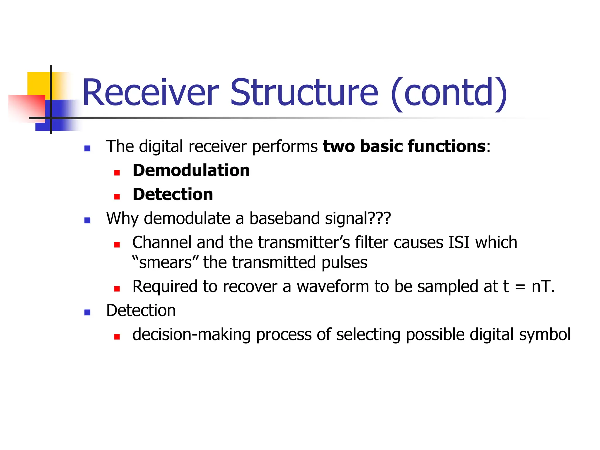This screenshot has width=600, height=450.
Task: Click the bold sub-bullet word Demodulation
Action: [191, 171]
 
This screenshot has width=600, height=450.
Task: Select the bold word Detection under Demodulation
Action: [173, 195]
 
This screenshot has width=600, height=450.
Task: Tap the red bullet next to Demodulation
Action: [117, 173]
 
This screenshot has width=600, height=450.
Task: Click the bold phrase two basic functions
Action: [404, 146]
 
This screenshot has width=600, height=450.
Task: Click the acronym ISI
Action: [459, 243]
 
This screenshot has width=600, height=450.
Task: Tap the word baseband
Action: [284, 218]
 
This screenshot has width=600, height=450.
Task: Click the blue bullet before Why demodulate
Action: [87, 220]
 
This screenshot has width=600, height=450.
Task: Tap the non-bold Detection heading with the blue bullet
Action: [141, 311]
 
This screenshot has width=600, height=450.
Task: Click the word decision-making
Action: [191, 335]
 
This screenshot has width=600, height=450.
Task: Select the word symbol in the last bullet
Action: [545, 335]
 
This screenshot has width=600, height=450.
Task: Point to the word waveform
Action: [333, 287]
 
